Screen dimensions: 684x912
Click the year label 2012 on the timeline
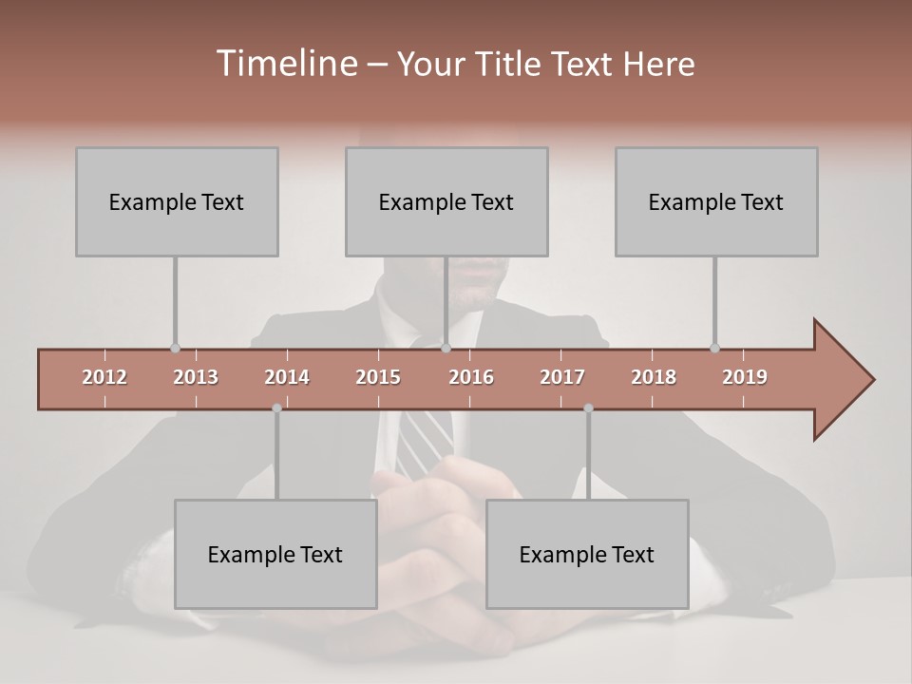point(104,377)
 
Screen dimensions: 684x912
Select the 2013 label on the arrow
point(196,377)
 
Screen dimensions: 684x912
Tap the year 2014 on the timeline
point(287,377)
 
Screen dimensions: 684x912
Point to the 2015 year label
point(378,377)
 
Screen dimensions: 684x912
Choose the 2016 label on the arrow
point(471,377)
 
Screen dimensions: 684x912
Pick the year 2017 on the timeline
point(562,377)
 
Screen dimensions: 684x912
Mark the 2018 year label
point(654,377)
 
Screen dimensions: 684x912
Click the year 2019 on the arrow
point(745,377)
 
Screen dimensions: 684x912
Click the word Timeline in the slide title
point(285,64)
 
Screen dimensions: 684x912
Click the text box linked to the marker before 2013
point(177,201)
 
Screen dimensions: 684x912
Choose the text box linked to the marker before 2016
point(446,201)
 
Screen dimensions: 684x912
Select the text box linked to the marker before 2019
point(716,201)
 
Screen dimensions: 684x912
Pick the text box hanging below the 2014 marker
point(275,554)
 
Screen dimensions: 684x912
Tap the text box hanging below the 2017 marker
point(587,554)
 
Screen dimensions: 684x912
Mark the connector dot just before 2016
point(446,348)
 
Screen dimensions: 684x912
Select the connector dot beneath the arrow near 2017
point(588,408)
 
